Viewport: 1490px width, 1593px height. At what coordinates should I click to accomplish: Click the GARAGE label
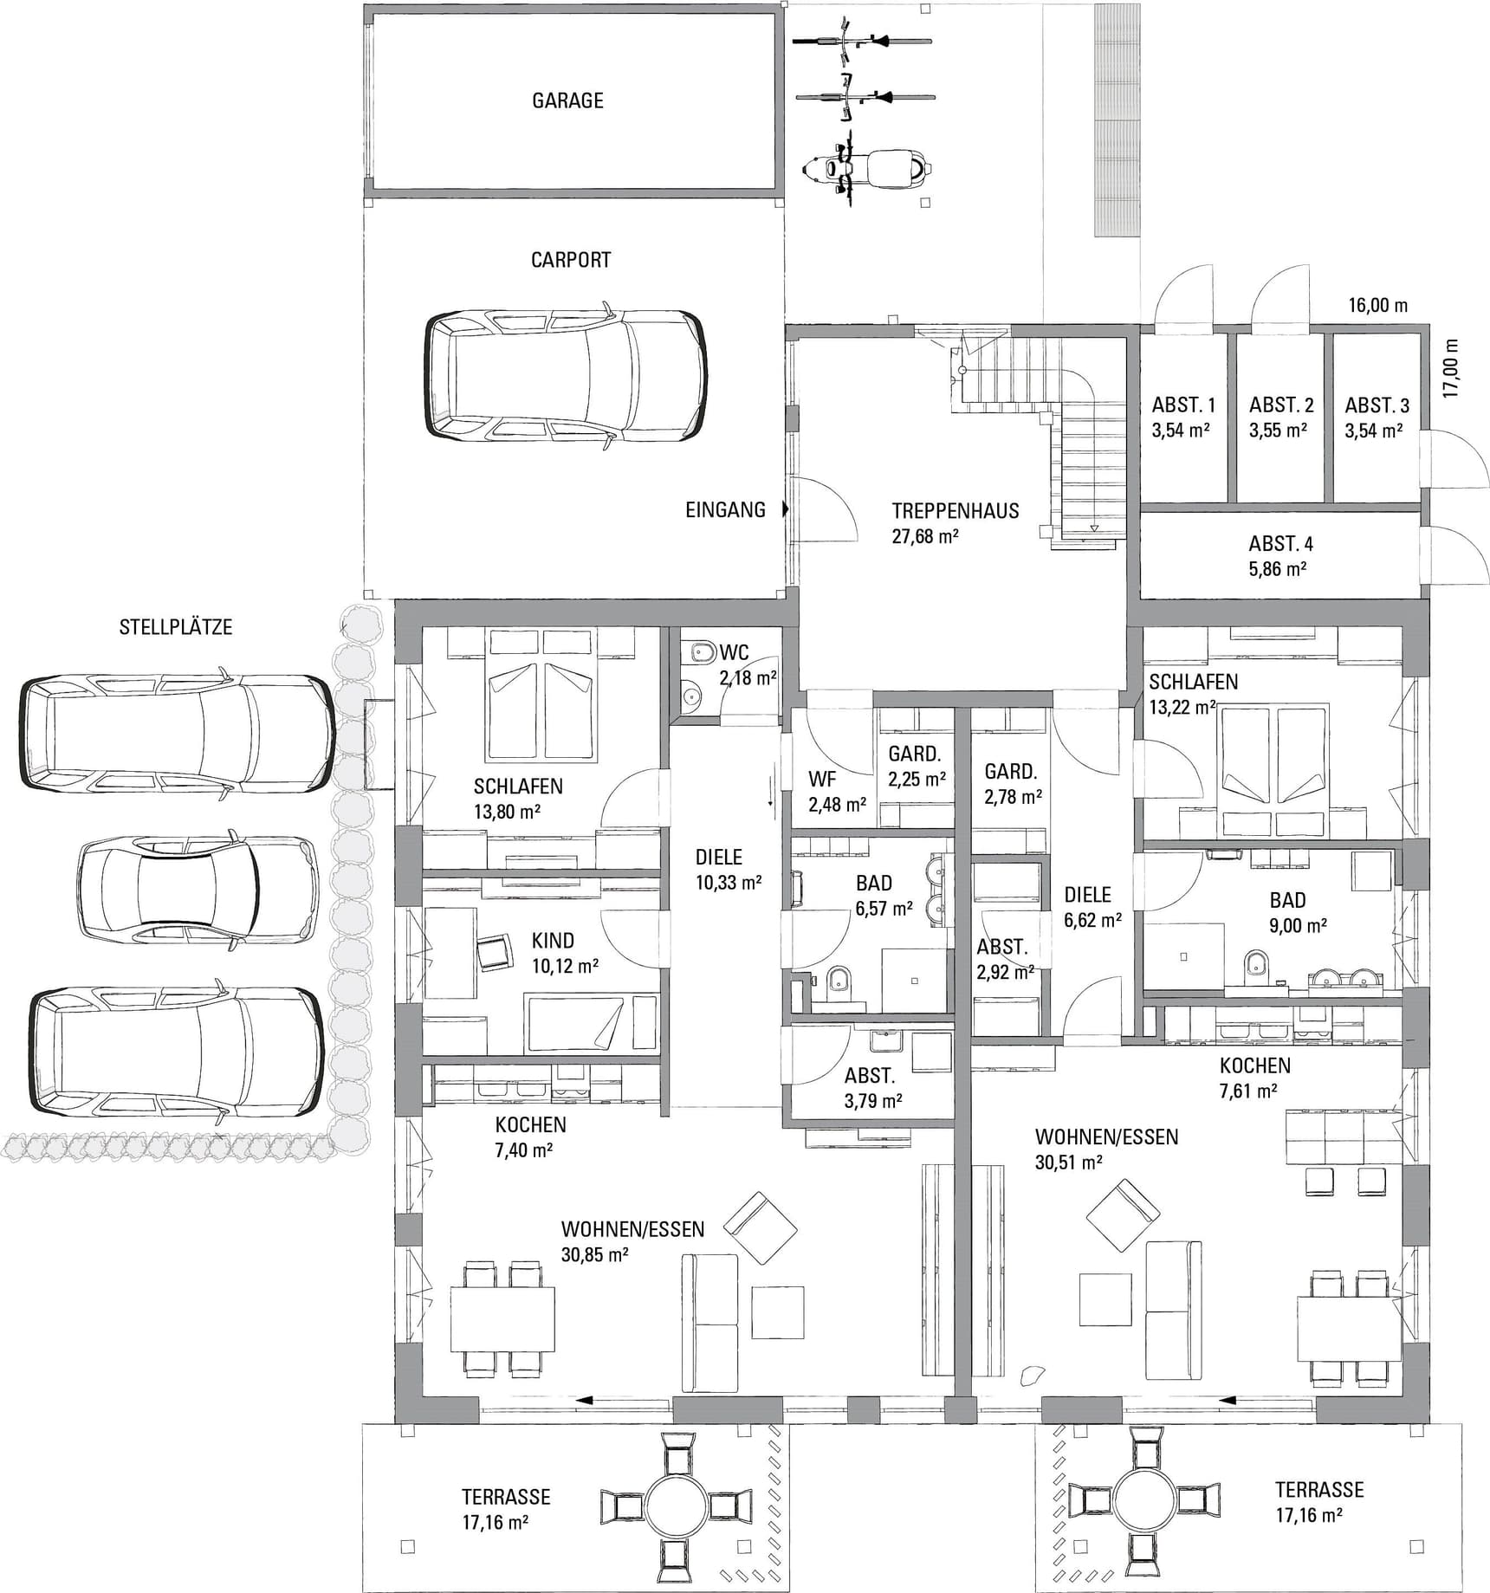coord(567,100)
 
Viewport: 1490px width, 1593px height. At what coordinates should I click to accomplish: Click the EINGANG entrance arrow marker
coord(786,509)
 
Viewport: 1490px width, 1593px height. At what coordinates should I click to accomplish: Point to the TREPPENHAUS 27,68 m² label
coord(956,522)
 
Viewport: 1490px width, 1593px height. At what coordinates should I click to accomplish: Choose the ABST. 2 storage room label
coord(1281,418)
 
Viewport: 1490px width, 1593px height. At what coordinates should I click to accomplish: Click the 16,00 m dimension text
coord(1377,305)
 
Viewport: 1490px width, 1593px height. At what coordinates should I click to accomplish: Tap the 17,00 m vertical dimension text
coord(1451,367)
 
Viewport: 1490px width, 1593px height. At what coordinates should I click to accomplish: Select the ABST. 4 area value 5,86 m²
coord(1278,569)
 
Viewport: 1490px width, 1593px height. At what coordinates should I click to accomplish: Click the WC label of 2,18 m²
coord(735,651)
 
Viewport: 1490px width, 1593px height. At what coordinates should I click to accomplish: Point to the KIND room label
coord(553,940)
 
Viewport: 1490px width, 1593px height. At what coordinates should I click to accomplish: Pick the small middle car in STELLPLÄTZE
coord(198,887)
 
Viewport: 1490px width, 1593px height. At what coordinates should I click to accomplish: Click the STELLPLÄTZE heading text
coord(176,626)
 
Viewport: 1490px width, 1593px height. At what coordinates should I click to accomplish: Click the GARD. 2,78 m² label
coord(1012,783)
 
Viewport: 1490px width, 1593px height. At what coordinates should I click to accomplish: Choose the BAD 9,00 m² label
coord(1297,912)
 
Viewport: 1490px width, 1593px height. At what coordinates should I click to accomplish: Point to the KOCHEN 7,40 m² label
coord(530,1137)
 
